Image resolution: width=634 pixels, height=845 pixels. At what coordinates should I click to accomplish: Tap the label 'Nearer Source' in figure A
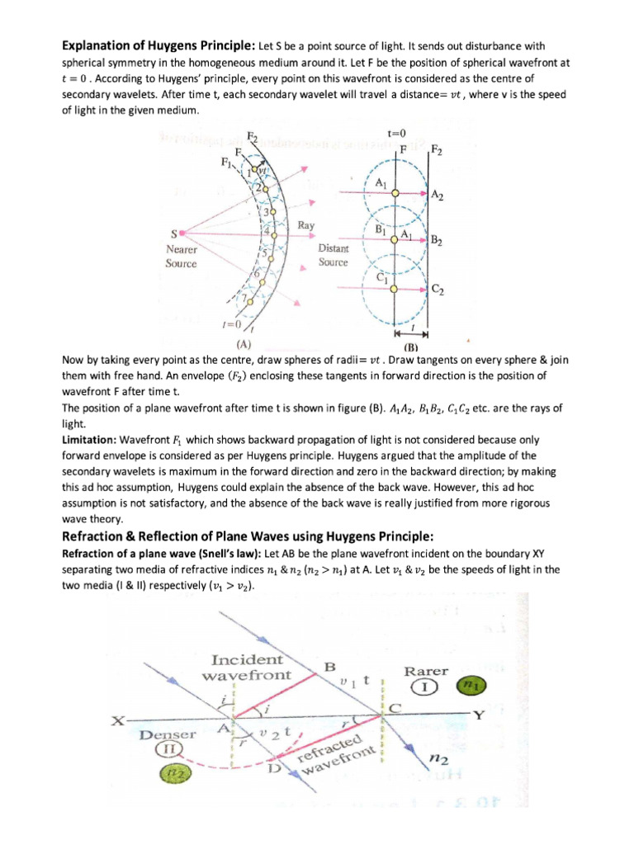point(181,256)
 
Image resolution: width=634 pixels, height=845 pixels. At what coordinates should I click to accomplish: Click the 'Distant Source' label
point(334,256)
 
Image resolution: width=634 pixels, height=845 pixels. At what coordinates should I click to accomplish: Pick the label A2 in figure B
point(438,196)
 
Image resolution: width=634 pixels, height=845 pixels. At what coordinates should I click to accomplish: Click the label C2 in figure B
point(439,290)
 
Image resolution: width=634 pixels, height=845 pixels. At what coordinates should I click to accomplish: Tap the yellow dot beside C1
point(395,289)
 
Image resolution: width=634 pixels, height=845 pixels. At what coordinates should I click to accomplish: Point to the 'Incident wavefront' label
point(246,668)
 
